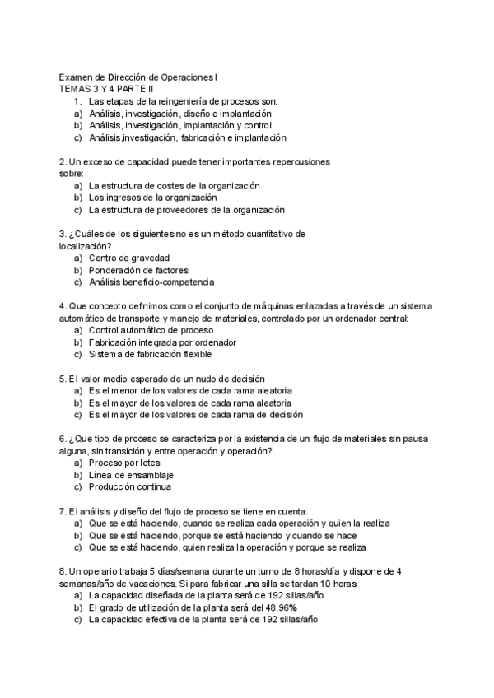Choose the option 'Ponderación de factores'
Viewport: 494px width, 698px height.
(138, 270)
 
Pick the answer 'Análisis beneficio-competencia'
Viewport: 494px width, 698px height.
(151, 282)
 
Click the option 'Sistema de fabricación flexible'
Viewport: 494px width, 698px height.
(150, 355)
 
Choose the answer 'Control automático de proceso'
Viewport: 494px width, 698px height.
(151, 330)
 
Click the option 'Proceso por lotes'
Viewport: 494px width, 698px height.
(124, 463)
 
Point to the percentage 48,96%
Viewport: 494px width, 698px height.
(279, 608)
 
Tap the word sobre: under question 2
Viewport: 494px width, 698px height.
(72, 174)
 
